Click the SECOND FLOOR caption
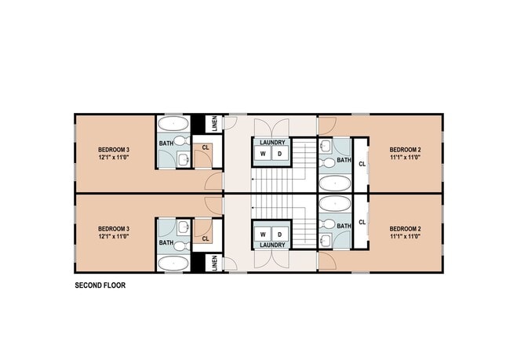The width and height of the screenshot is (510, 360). point(100,285)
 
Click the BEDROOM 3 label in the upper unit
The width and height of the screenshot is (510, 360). point(114,150)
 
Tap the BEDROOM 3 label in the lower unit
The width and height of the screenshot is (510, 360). point(114,228)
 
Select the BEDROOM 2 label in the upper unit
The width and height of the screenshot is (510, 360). point(406,150)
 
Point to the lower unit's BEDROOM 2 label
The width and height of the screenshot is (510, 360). point(406,228)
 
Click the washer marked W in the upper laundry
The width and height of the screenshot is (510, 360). point(264,154)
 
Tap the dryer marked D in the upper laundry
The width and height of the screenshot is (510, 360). point(279,154)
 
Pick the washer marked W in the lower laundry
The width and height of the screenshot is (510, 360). point(264,234)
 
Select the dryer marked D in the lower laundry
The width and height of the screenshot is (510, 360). point(279,234)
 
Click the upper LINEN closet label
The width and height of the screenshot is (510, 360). point(215,124)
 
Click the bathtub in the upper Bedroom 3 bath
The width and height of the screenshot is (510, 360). point(172,125)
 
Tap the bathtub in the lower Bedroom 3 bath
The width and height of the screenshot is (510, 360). point(172,262)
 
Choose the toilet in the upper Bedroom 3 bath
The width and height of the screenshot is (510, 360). point(180,140)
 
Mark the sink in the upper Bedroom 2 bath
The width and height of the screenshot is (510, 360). point(326,145)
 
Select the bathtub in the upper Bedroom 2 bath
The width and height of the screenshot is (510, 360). point(334,184)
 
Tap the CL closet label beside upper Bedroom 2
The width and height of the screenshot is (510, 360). point(362,164)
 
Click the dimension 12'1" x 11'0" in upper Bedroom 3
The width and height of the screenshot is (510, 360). point(114,157)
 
